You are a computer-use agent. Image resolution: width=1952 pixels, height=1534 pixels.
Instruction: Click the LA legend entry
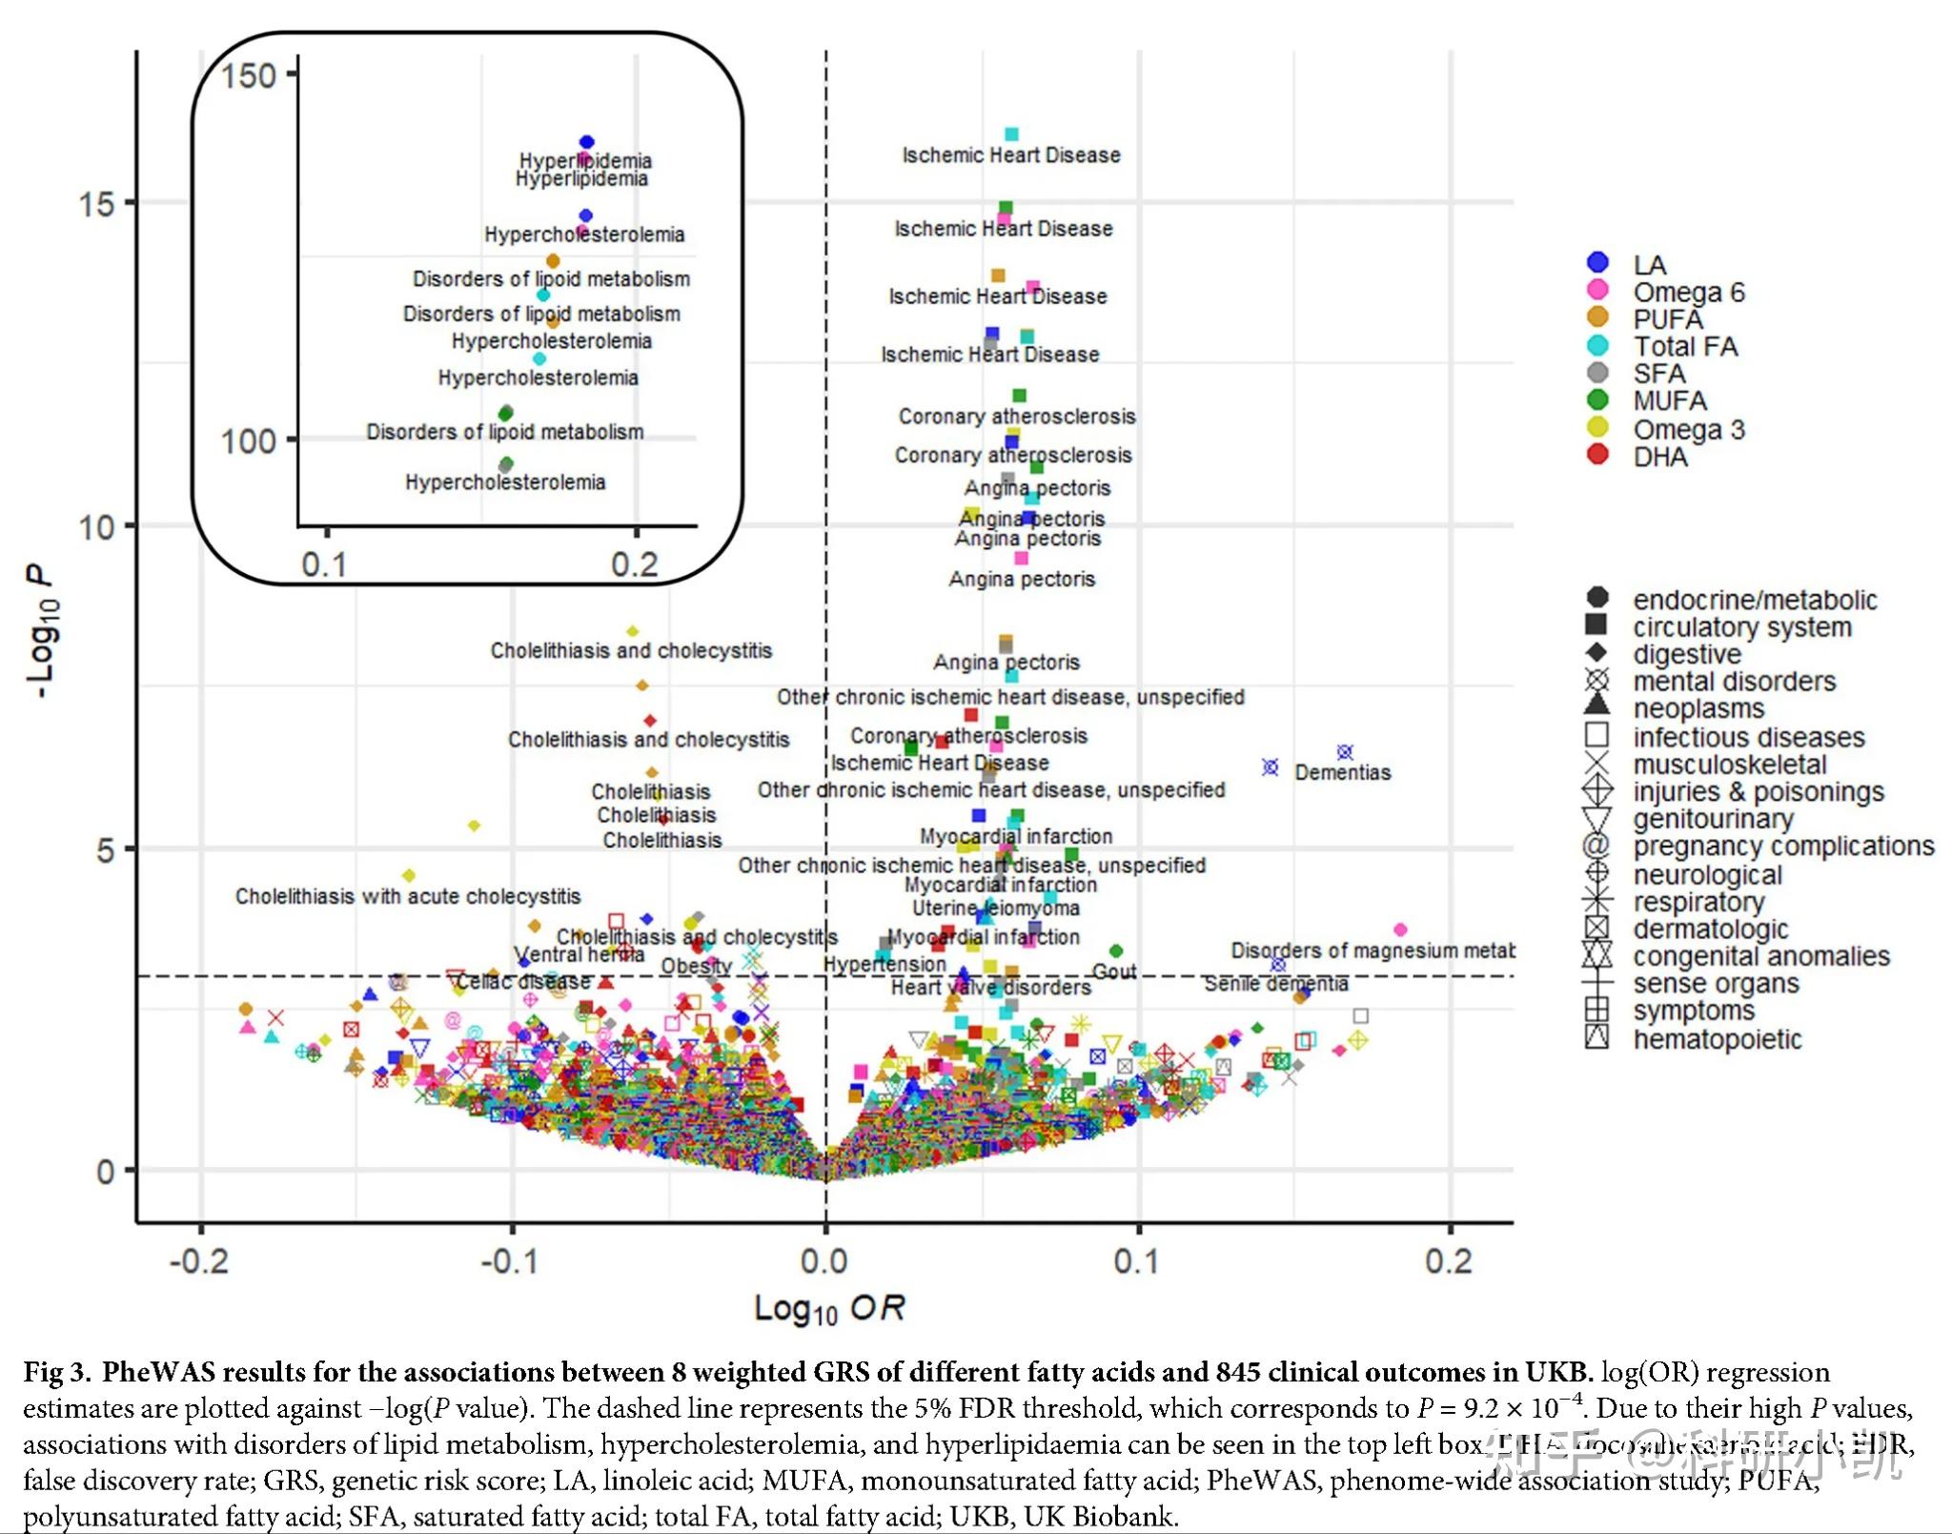[1649, 264]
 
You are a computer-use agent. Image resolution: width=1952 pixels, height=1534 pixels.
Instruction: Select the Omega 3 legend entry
[1688, 429]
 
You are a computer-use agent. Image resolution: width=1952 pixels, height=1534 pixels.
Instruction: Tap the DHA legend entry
[1659, 457]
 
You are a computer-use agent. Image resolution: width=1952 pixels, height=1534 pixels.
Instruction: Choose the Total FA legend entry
[1684, 346]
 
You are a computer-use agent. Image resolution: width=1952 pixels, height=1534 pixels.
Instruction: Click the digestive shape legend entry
[1686, 654]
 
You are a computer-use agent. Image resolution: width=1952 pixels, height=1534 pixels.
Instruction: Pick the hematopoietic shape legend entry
[1717, 1038]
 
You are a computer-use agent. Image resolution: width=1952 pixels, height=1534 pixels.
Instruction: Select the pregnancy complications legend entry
[1782, 846]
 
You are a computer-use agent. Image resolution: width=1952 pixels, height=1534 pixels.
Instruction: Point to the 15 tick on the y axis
[96, 203]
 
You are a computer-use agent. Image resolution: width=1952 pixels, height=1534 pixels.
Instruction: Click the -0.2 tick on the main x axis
[199, 1261]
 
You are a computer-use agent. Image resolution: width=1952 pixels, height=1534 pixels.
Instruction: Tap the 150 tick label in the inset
[248, 75]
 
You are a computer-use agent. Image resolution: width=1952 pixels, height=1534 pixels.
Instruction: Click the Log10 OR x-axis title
[829, 1308]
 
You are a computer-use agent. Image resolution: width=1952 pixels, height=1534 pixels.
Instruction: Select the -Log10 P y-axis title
[42, 629]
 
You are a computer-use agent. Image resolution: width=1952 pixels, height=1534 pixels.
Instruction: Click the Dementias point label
[1342, 772]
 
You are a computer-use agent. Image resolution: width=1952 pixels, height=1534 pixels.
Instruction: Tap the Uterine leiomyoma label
[995, 908]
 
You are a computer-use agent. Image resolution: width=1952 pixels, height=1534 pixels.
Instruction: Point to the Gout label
[1113, 971]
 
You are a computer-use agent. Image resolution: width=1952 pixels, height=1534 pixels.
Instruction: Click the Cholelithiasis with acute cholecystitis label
[408, 896]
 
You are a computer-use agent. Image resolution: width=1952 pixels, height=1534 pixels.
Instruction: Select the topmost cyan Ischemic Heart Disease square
[1011, 134]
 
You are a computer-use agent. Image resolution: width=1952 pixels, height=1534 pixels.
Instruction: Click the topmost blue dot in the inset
[587, 142]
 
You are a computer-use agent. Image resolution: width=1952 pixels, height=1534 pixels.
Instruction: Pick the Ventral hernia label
[579, 954]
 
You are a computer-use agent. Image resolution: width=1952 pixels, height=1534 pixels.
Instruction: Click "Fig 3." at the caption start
[56, 1372]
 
